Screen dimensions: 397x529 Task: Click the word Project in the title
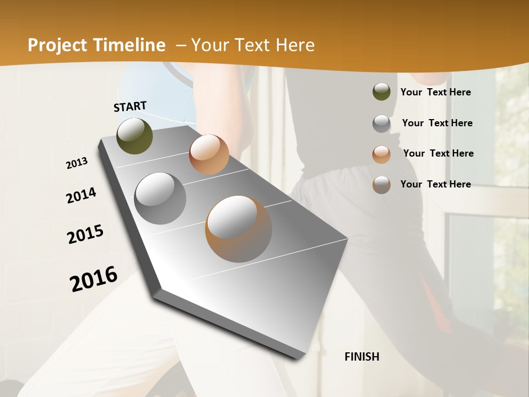pos(56,46)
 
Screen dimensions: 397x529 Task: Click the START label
pos(130,106)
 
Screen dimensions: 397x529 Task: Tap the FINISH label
pos(362,357)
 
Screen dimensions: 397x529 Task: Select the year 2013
pos(77,163)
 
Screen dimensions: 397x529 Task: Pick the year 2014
pos(81,195)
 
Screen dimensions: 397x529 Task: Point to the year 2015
pos(85,234)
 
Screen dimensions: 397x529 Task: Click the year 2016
pos(94,278)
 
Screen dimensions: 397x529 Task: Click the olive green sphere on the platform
pos(134,136)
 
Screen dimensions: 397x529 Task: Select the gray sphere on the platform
pos(160,198)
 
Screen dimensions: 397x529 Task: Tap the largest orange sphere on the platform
pos(239,229)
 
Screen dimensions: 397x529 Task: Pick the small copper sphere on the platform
pos(209,154)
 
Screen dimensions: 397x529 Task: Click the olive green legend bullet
pos(381,92)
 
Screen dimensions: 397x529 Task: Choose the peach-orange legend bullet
pos(381,155)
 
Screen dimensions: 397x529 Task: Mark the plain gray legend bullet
pos(381,124)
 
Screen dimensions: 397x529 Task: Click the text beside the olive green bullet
pos(435,92)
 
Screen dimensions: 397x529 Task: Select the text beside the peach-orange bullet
pos(438,153)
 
